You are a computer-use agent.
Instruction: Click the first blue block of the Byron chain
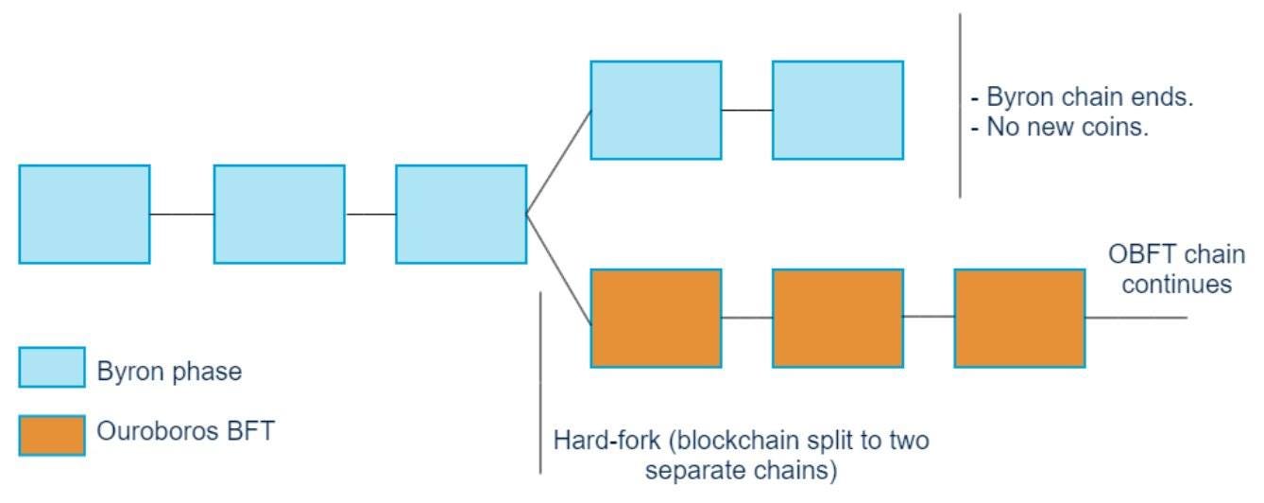(x=84, y=214)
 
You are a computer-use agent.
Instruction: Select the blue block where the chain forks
(x=461, y=214)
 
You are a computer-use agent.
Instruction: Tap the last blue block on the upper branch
(x=837, y=110)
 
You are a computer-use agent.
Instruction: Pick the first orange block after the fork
(x=656, y=318)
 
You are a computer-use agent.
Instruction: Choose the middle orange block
(x=837, y=318)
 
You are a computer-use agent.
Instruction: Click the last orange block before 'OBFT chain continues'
(x=1019, y=318)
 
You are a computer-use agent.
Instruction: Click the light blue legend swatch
(x=52, y=368)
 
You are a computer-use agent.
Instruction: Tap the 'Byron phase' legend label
(x=169, y=372)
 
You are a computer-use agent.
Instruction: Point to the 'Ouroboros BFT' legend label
(x=185, y=432)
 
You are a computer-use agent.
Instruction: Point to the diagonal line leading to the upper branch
(x=558, y=162)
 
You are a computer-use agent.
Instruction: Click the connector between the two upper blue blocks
(x=746, y=111)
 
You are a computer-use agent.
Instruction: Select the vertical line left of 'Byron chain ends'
(x=960, y=104)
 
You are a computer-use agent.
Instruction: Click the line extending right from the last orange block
(x=1136, y=318)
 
